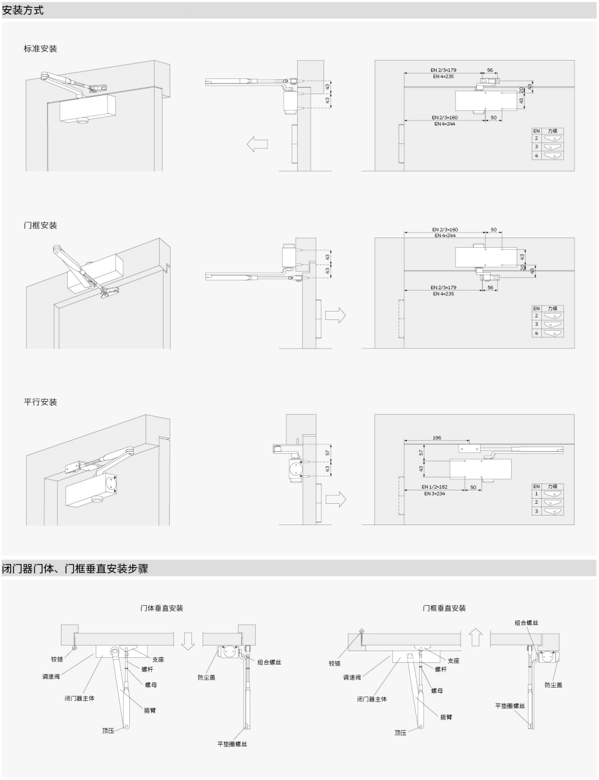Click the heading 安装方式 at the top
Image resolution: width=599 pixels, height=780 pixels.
(23, 10)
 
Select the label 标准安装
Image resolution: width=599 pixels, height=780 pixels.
(40, 49)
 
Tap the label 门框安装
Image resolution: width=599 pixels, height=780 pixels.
(40, 225)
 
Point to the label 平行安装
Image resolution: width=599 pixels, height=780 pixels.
(40, 402)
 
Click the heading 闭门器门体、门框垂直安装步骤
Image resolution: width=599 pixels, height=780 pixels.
(76, 568)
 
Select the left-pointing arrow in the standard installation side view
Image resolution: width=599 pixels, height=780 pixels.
(257, 144)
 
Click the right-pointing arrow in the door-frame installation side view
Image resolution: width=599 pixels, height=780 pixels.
(335, 315)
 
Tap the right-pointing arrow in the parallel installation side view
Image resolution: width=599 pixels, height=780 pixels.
(335, 499)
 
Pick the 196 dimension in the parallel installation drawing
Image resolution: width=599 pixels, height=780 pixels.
(437, 438)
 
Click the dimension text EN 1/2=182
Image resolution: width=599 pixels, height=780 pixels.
(434, 487)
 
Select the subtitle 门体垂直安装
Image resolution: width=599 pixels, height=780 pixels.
(162, 608)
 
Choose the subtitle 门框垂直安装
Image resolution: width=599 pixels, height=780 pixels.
(444, 608)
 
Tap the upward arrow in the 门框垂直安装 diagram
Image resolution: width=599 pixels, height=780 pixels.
(475, 637)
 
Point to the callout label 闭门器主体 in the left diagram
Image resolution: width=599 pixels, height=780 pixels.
(79, 698)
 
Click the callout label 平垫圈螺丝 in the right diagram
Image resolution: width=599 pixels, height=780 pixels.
(510, 705)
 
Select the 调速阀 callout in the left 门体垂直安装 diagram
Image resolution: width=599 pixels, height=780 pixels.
(51, 676)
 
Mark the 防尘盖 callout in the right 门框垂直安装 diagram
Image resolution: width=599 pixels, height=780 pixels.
(553, 685)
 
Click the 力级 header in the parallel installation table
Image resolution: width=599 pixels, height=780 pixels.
(553, 486)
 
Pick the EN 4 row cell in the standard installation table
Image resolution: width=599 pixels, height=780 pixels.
(536, 156)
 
